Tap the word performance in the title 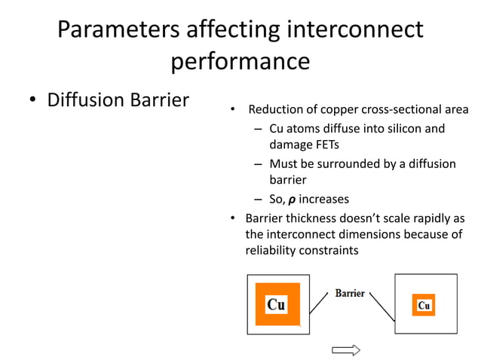[240, 61]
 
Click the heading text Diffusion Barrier [118, 100]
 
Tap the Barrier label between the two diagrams [350, 292]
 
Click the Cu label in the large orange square [276, 304]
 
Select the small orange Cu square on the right [423, 305]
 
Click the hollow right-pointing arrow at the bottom [346, 349]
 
